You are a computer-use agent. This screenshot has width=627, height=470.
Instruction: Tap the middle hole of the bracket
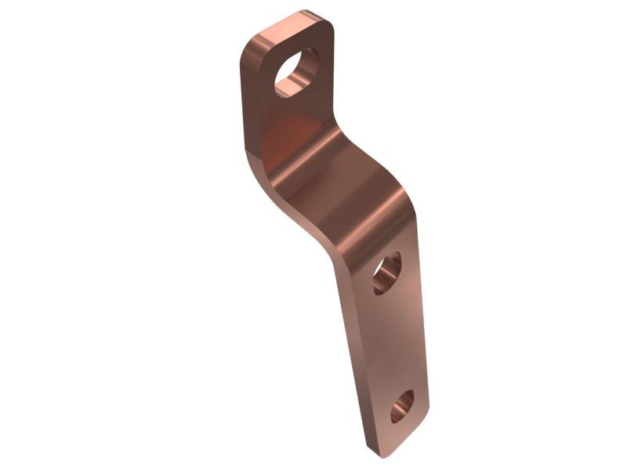(386, 273)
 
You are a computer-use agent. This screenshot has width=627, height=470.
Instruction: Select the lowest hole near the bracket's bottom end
(402, 406)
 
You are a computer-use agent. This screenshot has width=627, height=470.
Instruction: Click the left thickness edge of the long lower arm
(353, 352)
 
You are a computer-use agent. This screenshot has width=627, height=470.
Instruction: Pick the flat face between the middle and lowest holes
(396, 341)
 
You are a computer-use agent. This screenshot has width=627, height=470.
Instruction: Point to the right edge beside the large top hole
(330, 70)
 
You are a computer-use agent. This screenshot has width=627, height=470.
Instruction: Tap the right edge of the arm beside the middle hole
(415, 274)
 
